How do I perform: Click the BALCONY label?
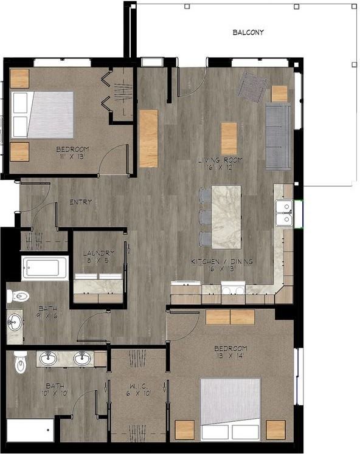248,32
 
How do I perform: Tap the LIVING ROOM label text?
220,160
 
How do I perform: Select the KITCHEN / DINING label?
223,261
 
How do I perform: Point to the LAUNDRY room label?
99,253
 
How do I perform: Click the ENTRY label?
80,202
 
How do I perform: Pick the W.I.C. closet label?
139,384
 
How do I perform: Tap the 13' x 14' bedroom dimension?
230,357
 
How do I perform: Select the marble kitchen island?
226,216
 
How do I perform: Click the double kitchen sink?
283,213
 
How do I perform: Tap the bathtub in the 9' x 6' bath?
44,268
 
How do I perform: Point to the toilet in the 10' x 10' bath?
20,363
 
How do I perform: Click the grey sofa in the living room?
279,136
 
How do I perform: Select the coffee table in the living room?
229,138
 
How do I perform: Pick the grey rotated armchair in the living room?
252,86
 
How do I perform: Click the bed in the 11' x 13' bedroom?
44,114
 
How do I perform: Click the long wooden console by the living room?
148,138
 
